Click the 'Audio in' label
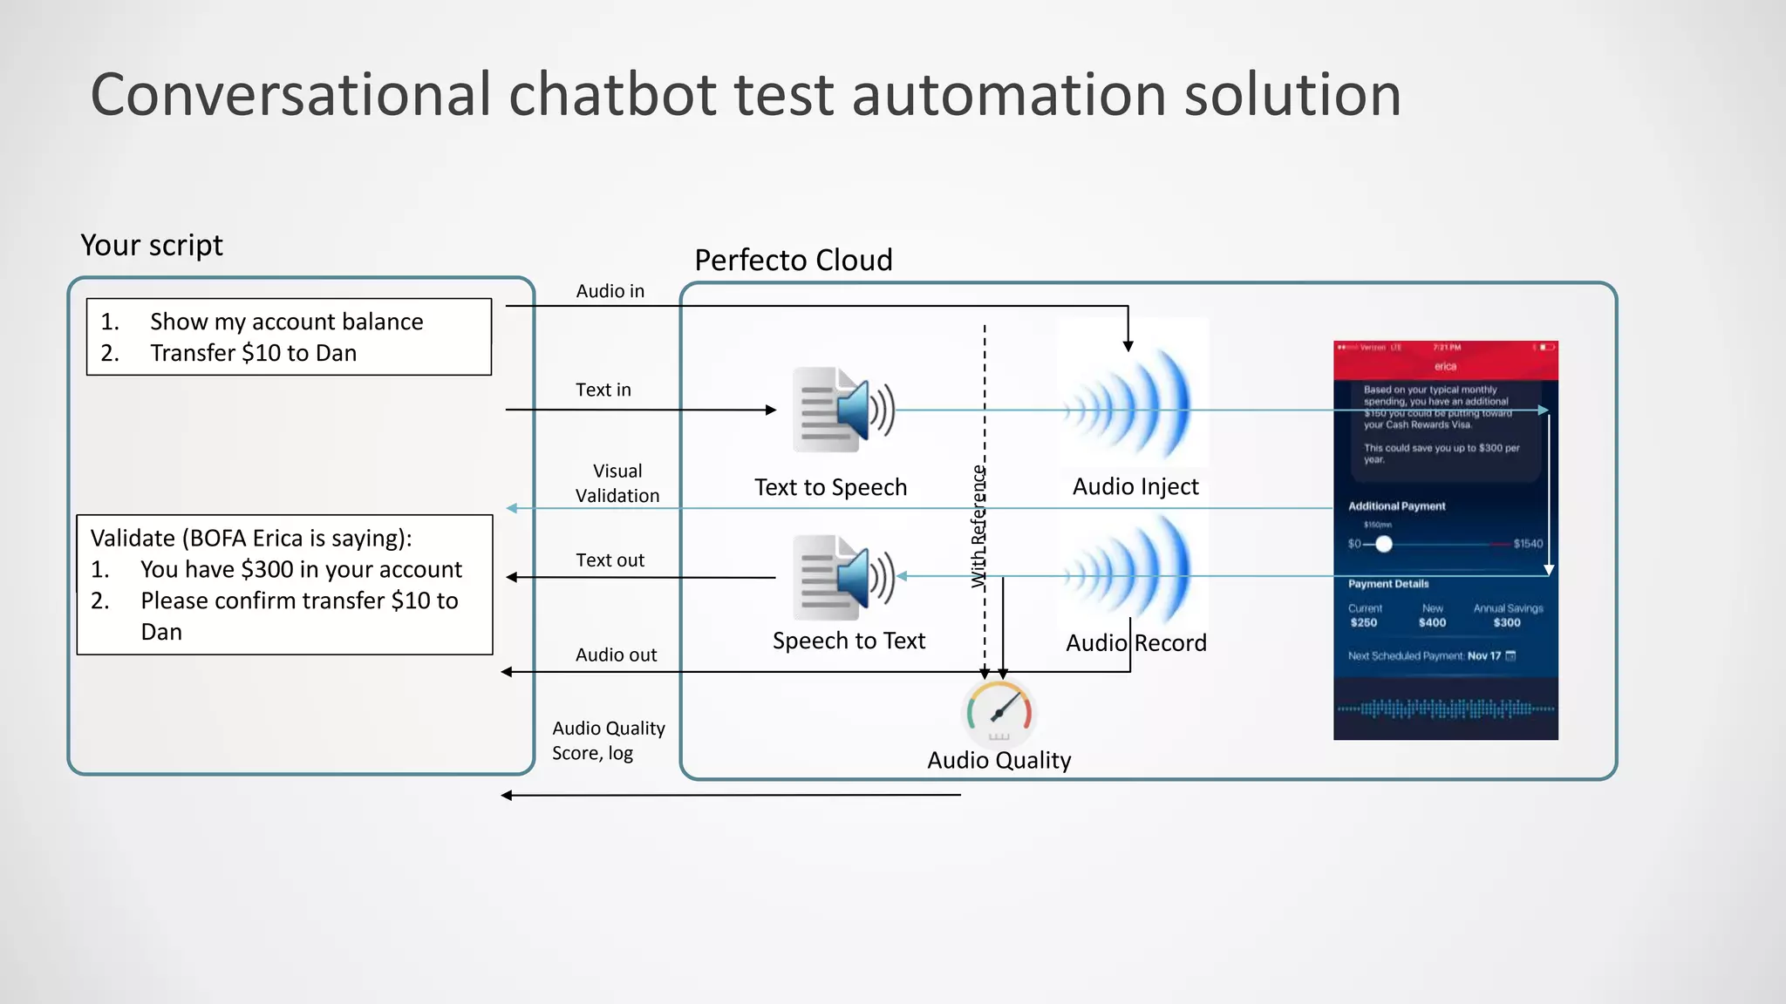[x=610, y=291]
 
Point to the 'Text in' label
[x=603, y=390]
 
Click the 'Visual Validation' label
[x=617, y=483]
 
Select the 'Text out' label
[x=610, y=560]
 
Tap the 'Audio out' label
[x=616, y=655]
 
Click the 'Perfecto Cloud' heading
[x=793, y=260]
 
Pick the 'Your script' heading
[x=152, y=245]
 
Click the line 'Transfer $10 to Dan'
[x=253, y=353]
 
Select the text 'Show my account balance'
[x=286, y=322]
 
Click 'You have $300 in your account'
[x=301, y=569]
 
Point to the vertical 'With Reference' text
[x=978, y=526]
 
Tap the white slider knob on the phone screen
[x=1383, y=544]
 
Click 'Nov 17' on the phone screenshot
[x=1483, y=655]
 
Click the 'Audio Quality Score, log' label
[x=608, y=740]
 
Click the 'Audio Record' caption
[x=1135, y=642]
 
